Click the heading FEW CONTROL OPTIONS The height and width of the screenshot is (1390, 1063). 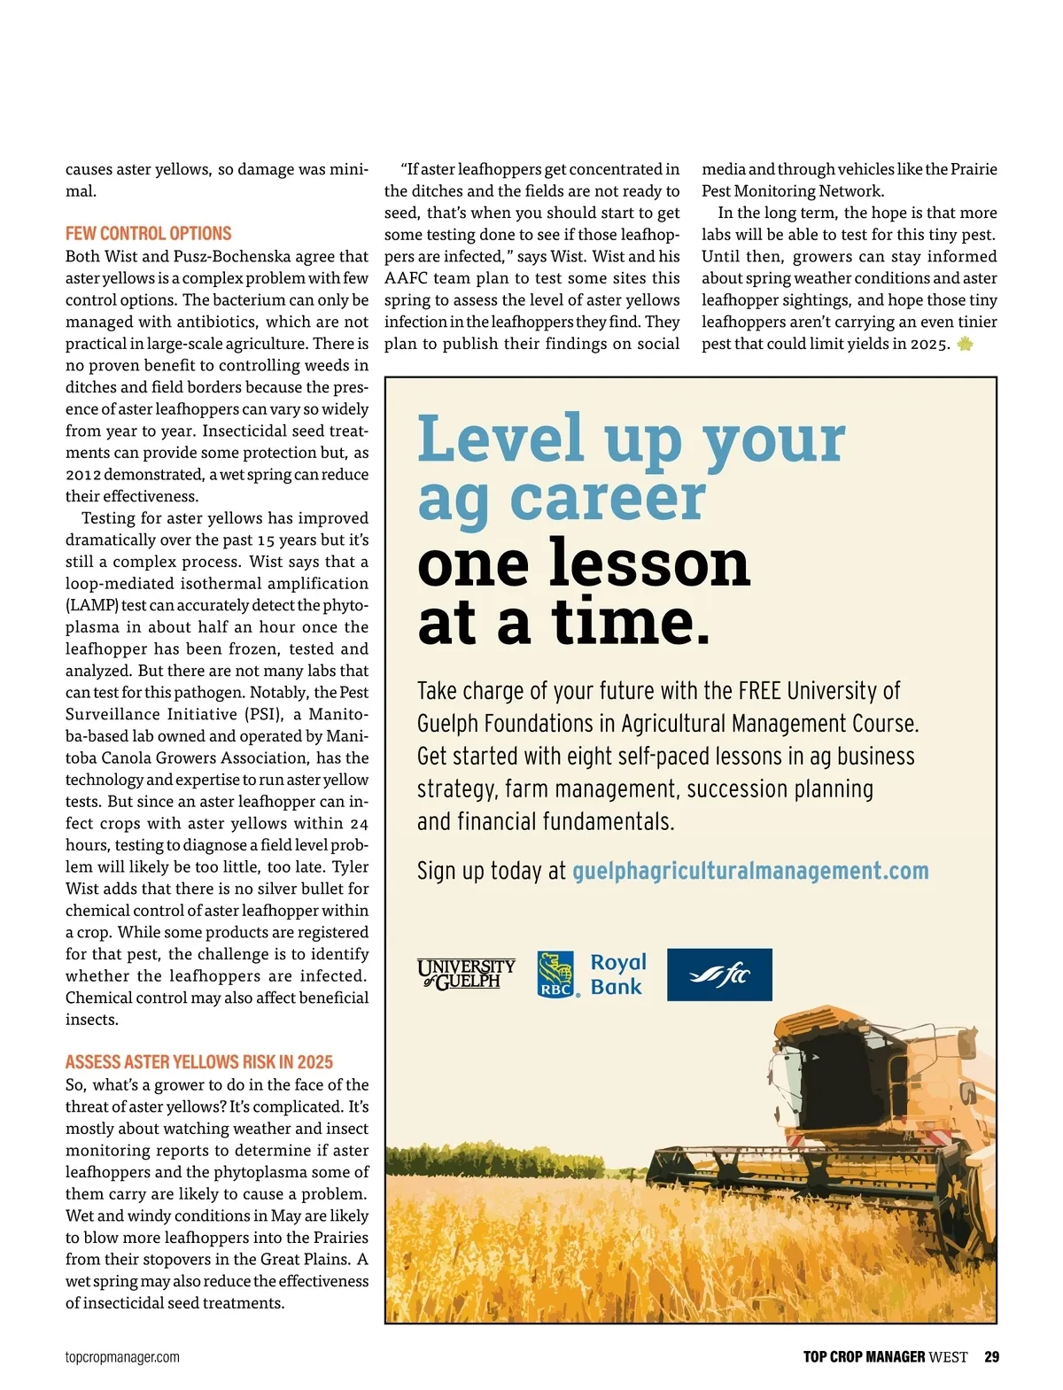click(x=148, y=234)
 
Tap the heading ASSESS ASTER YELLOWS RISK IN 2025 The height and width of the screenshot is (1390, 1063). click(x=199, y=1062)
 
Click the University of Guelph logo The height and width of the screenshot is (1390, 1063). click(x=466, y=974)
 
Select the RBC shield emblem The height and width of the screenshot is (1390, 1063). click(x=555, y=975)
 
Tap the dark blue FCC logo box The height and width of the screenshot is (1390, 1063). click(x=719, y=975)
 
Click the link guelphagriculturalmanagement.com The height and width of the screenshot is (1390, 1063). click(x=750, y=871)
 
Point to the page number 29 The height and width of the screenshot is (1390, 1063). click(x=991, y=1357)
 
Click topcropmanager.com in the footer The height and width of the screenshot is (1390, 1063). click(x=122, y=1357)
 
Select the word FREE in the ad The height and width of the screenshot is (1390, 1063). click(x=759, y=691)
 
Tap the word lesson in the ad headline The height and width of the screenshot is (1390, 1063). click(x=648, y=563)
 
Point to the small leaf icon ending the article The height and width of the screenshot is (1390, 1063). click(x=965, y=344)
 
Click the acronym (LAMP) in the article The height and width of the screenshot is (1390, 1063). click(x=91, y=605)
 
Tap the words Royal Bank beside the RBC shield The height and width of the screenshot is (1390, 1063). click(x=617, y=975)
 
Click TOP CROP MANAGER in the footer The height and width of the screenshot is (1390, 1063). click(x=864, y=1357)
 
